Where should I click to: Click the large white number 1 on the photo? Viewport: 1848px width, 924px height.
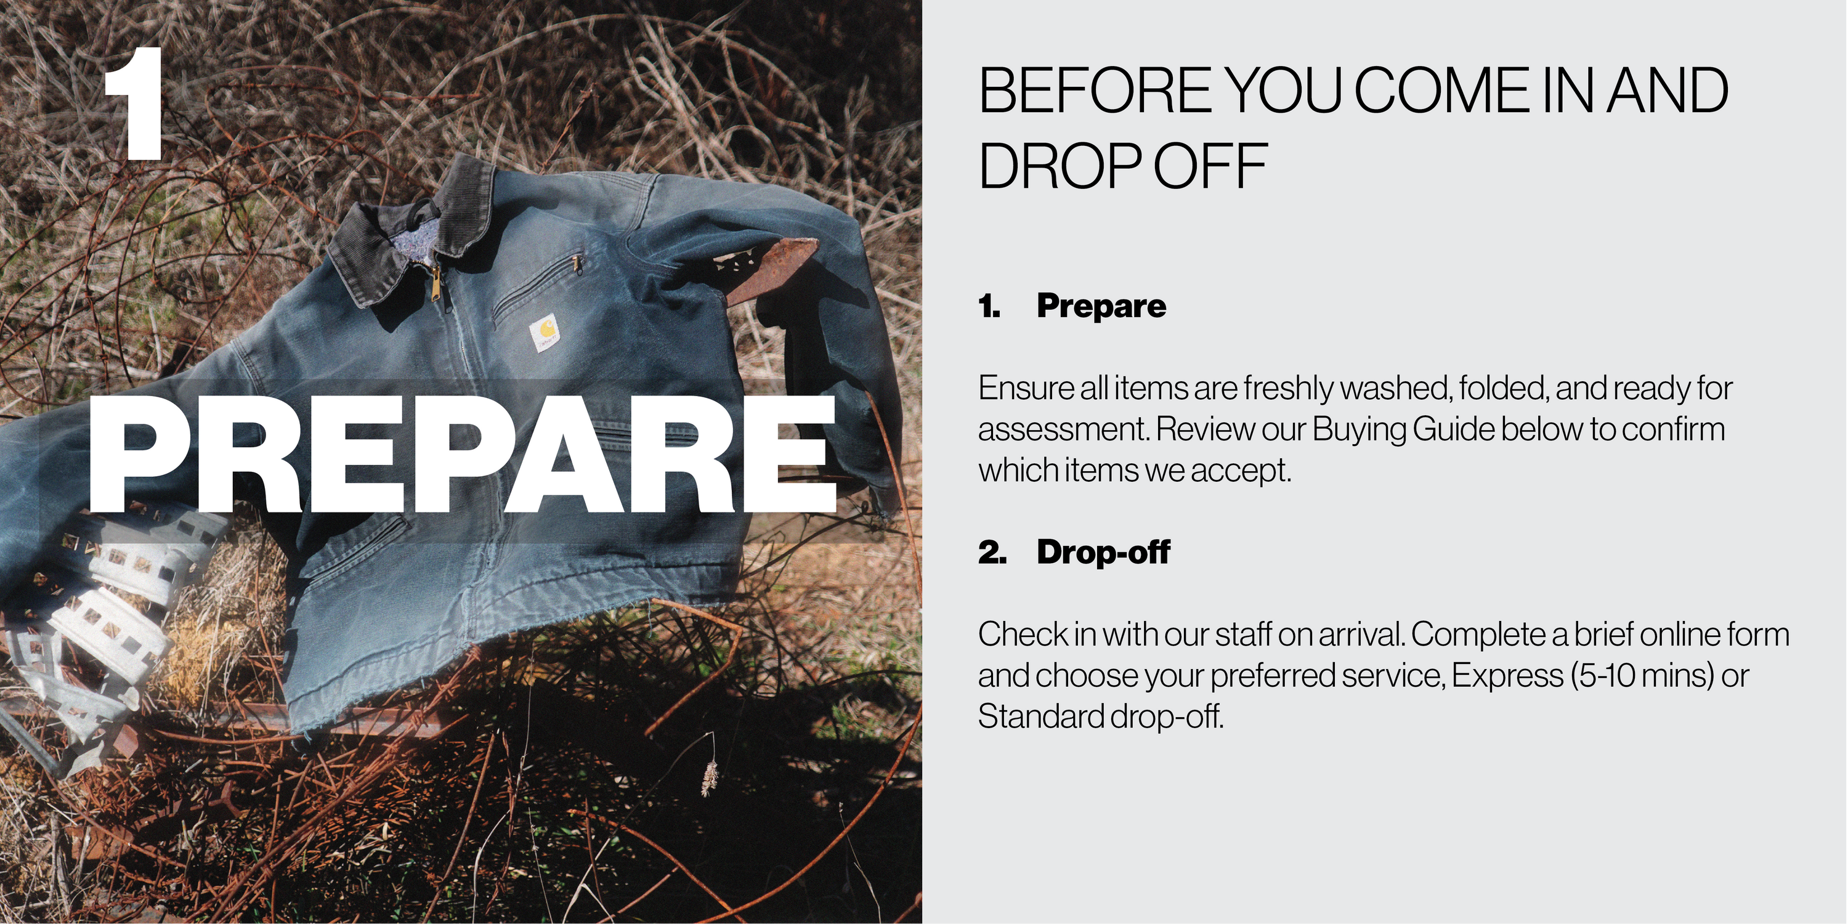[x=135, y=103]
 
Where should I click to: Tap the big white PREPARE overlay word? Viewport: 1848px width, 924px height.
[x=463, y=454]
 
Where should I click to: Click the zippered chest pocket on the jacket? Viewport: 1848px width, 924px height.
[x=538, y=287]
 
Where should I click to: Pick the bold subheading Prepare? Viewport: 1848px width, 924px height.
[x=1101, y=306]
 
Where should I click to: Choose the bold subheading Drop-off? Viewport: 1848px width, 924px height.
[x=1103, y=552]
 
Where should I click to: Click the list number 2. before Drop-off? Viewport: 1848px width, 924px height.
[x=992, y=553]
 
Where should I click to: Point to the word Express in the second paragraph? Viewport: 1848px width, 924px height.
[x=1507, y=676]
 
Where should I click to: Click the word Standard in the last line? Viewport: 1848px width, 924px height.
[x=1041, y=716]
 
